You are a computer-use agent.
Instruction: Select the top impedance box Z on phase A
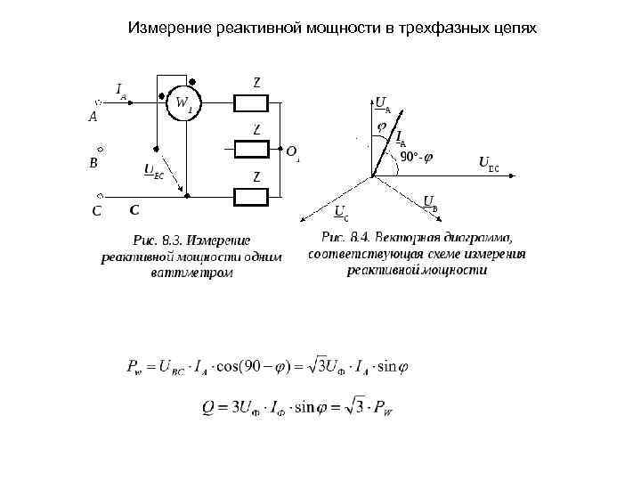click(x=256, y=102)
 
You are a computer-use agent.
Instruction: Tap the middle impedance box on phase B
click(x=256, y=148)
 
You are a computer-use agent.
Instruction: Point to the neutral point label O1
click(x=293, y=152)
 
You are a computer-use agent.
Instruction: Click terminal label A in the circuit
click(x=93, y=116)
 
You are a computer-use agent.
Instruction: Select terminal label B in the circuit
click(x=93, y=164)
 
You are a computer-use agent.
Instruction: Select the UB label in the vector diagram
click(x=429, y=201)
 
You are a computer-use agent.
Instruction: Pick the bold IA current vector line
click(x=387, y=143)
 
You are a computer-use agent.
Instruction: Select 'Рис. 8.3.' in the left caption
click(x=158, y=240)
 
